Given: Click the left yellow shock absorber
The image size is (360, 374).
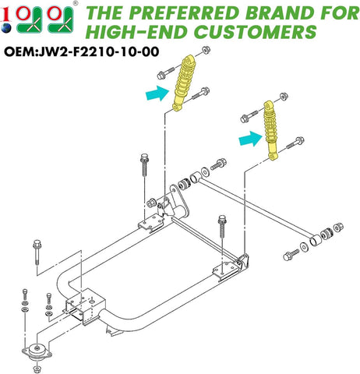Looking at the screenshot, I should point(184,85).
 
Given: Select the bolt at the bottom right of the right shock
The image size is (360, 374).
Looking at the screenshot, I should point(295,143).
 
